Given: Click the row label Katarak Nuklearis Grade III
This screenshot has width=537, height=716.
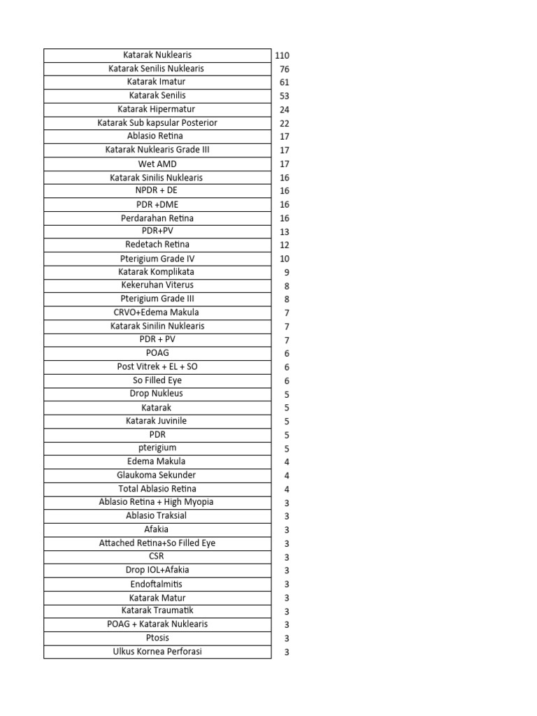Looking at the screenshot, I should (157, 150).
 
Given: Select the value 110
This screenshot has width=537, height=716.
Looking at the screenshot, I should (282, 55).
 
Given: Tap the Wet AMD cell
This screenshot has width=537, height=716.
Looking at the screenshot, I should (157, 164).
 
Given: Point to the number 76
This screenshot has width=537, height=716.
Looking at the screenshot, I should (285, 69).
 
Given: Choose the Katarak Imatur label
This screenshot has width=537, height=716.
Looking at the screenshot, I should (157, 82).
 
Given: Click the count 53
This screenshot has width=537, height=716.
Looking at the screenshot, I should (285, 96).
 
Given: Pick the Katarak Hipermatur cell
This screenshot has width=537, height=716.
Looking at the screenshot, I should (157, 109).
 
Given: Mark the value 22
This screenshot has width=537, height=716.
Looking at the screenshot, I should (285, 123).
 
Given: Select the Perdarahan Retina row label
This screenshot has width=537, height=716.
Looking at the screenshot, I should (157, 218).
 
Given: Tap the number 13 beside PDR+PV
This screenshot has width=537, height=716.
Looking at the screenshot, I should (285, 232).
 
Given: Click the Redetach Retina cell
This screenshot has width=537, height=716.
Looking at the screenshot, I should (157, 245).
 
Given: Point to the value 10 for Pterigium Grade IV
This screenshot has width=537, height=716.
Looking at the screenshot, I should (285, 259).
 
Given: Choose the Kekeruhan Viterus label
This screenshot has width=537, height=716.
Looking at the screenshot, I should (157, 285).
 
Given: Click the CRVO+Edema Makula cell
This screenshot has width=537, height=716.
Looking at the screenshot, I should (157, 313).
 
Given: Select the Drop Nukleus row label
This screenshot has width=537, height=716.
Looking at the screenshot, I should (157, 394).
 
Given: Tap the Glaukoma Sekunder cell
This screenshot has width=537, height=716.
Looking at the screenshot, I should (157, 475).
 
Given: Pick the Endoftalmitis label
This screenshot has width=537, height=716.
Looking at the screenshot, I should (157, 584).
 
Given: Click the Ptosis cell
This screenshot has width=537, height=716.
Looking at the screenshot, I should (157, 638).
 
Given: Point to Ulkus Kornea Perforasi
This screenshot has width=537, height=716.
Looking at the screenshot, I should (157, 652).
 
